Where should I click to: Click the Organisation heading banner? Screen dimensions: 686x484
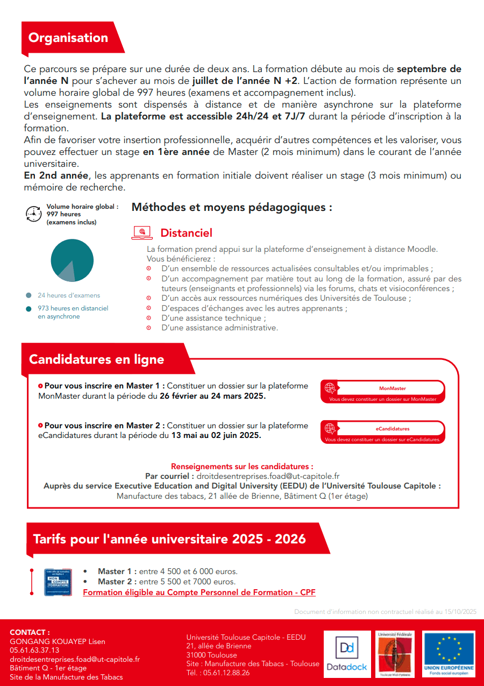coord(68,38)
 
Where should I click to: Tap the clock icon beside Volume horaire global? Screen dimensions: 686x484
coord(33,214)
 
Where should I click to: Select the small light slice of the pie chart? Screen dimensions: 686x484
coord(67,273)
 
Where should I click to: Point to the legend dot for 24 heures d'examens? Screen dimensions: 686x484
coord(28,295)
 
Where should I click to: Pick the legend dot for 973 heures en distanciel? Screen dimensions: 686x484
coord(28,309)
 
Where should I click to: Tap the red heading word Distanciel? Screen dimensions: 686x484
coord(186,233)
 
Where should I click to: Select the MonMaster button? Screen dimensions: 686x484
coord(382,392)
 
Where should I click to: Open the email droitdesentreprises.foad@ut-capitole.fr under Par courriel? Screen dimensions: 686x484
coord(268,476)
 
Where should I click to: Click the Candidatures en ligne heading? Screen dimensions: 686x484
coord(97,359)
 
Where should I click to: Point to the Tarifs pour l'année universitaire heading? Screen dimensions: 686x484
coord(169,539)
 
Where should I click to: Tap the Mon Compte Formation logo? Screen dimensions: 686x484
coord(58,582)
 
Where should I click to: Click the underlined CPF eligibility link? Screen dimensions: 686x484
coord(199,592)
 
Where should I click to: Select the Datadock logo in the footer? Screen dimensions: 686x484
coord(346,654)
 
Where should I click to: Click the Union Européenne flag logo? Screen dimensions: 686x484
coord(449,654)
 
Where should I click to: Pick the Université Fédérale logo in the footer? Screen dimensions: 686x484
coord(395,654)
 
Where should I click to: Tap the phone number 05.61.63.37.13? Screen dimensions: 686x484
coord(34,650)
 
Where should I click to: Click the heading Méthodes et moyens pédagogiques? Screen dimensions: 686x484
coord(232,207)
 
